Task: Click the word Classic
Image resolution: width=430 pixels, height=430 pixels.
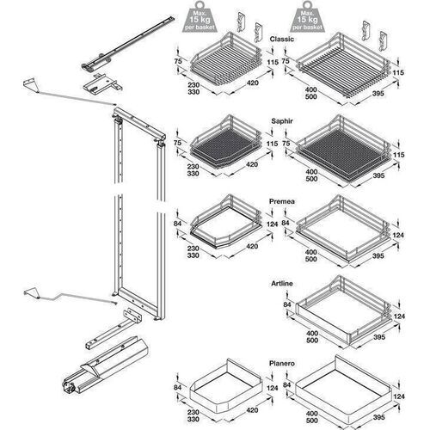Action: [283, 40]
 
